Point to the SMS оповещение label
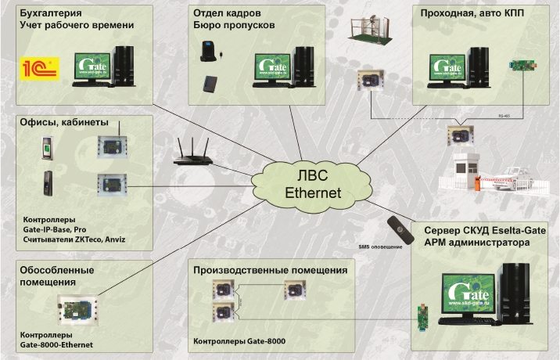click(380, 247)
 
